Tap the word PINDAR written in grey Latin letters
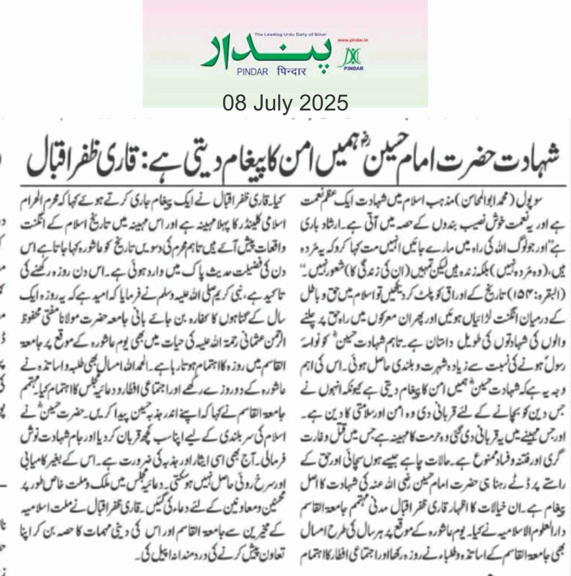point(252,72)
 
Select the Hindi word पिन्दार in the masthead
point(292,71)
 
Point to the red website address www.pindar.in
point(353,40)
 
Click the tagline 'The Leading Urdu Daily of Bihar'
point(290,34)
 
